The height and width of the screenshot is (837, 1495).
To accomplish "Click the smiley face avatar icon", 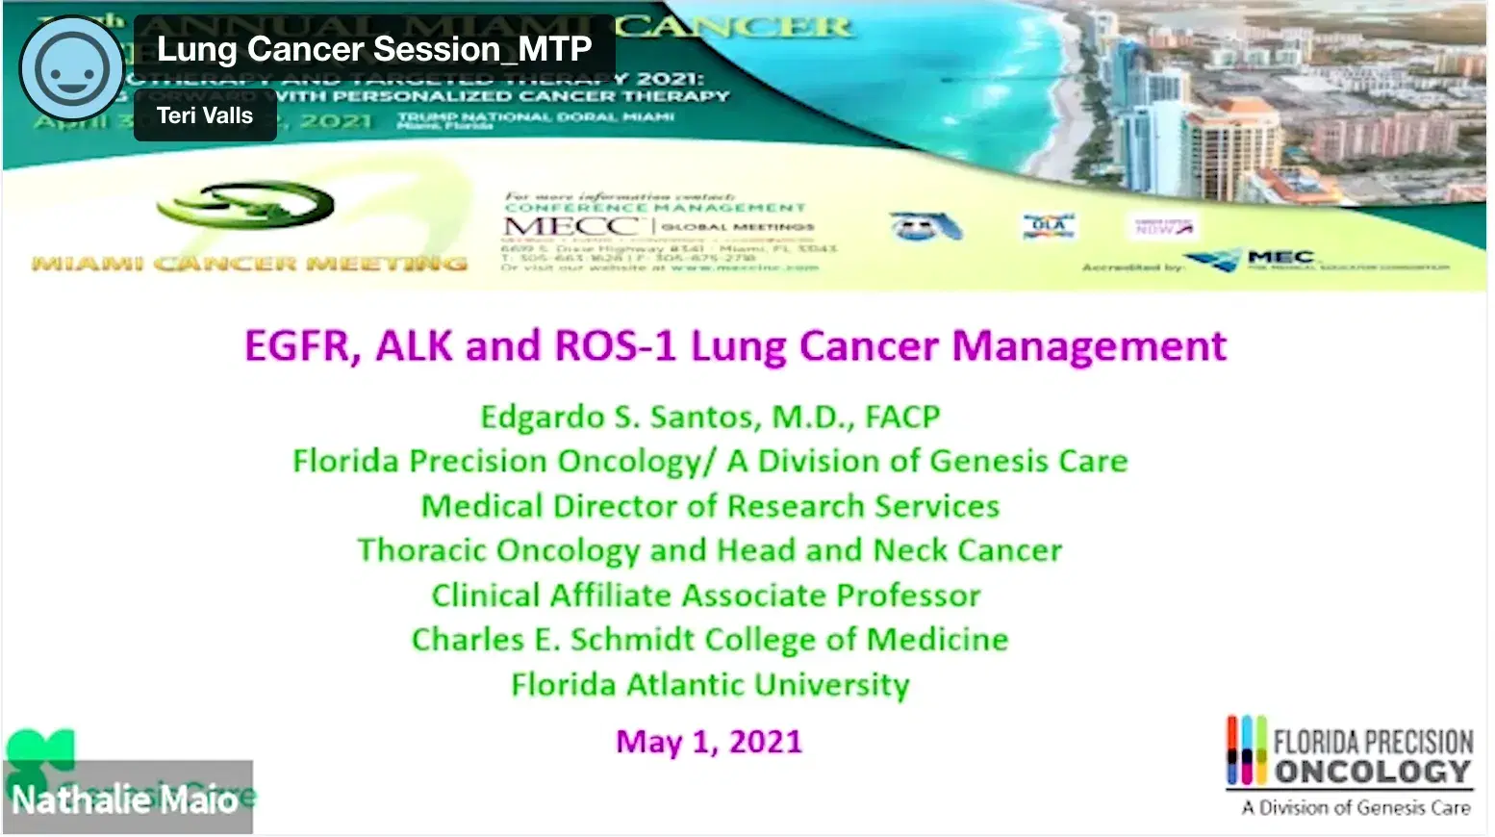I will (x=71, y=68).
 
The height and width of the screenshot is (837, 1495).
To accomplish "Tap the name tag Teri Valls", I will (x=205, y=116).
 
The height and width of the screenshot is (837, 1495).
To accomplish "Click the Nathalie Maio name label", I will (x=125, y=799).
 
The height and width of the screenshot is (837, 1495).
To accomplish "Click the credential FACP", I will (x=902, y=418).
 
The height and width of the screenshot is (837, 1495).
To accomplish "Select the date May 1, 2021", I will (x=709, y=742).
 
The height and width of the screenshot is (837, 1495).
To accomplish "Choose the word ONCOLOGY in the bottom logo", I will (x=1373, y=772).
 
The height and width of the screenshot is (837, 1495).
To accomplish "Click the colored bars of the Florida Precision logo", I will (x=1246, y=749).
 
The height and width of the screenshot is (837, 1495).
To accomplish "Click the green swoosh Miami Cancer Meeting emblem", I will (x=246, y=204).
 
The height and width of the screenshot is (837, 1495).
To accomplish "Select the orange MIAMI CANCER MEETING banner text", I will (x=249, y=263).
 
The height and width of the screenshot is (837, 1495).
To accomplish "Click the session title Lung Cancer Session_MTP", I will (x=374, y=49).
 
